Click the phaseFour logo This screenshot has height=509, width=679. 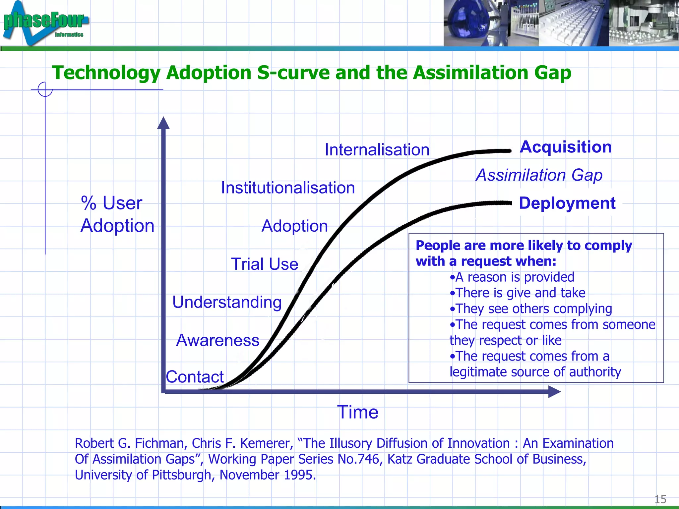coord(45,23)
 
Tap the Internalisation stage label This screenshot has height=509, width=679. coord(377,150)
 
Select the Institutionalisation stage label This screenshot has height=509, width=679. coord(288,188)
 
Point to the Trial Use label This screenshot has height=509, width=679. coord(265,264)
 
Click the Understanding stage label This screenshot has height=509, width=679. coord(227,302)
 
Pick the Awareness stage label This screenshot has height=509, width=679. coord(217,340)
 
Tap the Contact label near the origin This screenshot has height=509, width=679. coord(195,377)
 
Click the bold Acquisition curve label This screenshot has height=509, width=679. coord(566,147)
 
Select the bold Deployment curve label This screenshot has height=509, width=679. coord(567,203)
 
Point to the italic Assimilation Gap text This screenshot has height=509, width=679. coord(539,175)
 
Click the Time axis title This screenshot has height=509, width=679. coord(358,412)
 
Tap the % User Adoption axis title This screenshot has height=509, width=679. coord(117,214)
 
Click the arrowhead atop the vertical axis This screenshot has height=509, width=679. coord(163,123)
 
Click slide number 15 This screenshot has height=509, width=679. coord(660,499)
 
